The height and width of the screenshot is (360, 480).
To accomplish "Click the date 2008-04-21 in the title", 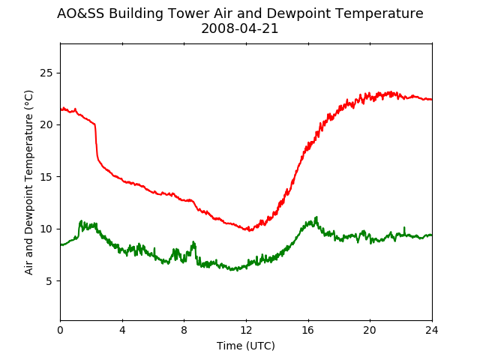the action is [x=240, y=28].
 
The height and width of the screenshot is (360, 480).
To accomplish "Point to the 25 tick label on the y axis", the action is [x=46, y=73].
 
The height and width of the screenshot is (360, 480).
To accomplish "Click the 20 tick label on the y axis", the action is [x=46, y=125].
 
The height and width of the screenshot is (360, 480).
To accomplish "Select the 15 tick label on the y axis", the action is [x=46, y=177].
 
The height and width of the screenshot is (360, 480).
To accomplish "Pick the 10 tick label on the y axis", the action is [x=46, y=229].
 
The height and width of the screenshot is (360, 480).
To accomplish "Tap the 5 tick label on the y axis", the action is [x=49, y=281].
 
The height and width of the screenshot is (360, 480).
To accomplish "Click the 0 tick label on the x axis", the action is [x=60, y=330].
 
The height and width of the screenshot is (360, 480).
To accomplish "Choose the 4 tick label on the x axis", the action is [x=122, y=330].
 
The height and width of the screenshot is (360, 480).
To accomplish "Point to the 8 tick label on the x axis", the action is [x=184, y=330].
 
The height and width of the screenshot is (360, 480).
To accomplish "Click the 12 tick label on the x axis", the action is [x=246, y=330].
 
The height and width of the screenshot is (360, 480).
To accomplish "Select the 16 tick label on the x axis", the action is [x=308, y=330].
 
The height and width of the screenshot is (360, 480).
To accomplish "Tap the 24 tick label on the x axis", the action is [x=432, y=330].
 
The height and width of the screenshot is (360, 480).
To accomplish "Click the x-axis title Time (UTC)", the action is [x=246, y=346].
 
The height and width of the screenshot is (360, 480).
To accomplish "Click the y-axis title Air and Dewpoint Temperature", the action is [x=28, y=183].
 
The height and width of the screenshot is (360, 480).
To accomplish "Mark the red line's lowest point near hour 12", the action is [x=250, y=230].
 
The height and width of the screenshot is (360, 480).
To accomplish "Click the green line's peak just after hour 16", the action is [x=316, y=217].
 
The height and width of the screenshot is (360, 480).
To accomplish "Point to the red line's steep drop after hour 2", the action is [x=96, y=142].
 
